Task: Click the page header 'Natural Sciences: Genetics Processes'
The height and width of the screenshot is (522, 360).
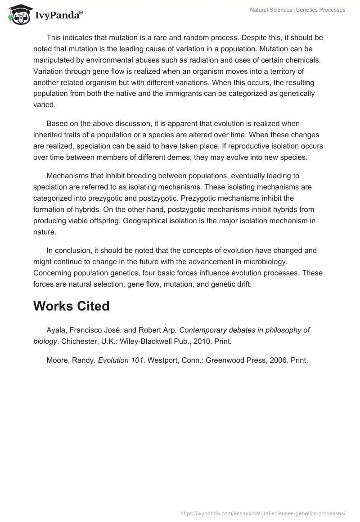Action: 297,10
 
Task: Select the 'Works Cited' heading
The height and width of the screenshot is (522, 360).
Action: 71,306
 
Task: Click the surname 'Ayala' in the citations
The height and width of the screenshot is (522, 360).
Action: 56,330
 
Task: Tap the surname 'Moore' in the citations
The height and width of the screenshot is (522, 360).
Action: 58,360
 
